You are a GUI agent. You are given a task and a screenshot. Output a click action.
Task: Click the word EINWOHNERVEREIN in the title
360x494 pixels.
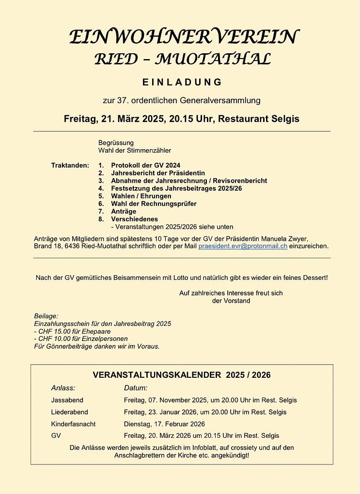pyautogui.click(x=184, y=37)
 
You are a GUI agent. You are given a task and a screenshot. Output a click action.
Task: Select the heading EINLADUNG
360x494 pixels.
pyautogui.click(x=182, y=82)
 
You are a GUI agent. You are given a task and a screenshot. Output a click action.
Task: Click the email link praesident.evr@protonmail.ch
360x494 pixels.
pyautogui.click(x=243, y=246)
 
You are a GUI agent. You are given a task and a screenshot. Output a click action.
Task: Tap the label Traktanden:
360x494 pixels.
pyautogui.click(x=70, y=165)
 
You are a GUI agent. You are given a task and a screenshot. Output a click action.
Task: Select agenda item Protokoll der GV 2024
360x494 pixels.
pyautogui.click(x=145, y=165)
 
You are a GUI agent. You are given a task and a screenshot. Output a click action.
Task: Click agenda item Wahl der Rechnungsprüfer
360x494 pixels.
pyautogui.click(x=154, y=204)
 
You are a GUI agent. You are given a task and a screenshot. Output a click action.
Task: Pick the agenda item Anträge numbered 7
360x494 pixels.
pyautogui.click(x=124, y=212)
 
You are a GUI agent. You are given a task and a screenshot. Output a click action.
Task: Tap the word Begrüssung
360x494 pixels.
pyautogui.click(x=116, y=143)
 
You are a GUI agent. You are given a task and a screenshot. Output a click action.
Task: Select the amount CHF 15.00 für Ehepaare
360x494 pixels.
pyautogui.click(x=69, y=331)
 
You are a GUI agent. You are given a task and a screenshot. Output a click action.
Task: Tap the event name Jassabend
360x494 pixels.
pyautogui.click(x=67, y=400)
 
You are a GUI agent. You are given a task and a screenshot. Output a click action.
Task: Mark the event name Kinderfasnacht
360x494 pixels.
pyautogui.click(x=73, y=424)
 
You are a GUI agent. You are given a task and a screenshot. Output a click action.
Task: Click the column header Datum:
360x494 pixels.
pyautogui.click(x=136, y=388)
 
